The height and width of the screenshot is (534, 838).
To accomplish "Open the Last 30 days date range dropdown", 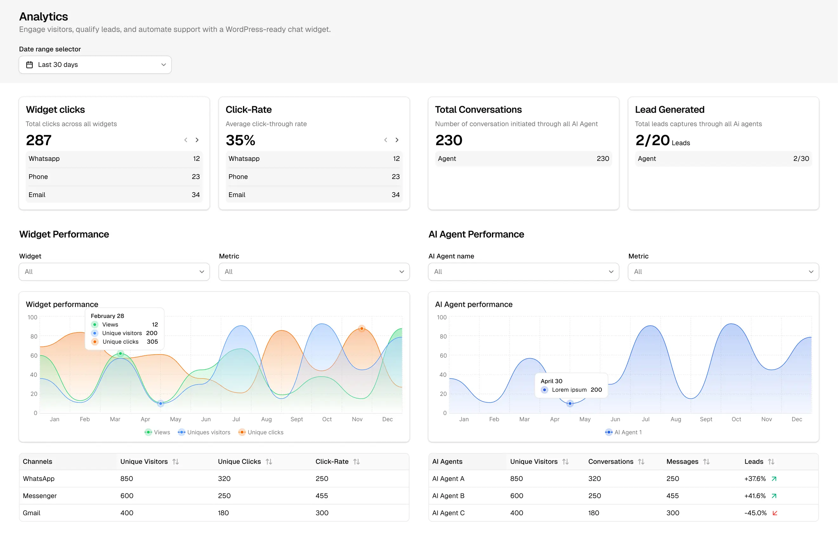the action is pos(95,65).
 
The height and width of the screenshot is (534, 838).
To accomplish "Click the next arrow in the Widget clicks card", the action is pos(197,140).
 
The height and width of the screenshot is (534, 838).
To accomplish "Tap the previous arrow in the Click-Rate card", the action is pos(386,140).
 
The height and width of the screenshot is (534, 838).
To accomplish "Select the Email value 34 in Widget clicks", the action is pos(196,194).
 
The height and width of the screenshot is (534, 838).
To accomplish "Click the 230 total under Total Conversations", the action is pos(448,140).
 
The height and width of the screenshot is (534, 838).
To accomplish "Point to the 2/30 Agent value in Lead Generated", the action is pos(801,158).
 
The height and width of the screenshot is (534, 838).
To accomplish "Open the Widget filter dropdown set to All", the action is pos(114,272).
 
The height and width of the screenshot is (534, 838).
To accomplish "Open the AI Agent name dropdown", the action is pos(523,272).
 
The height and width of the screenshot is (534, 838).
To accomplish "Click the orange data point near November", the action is pos(362,328).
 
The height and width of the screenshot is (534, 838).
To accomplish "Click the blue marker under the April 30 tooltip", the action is pos(570,404).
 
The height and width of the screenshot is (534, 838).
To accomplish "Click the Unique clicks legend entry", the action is pos(261,432).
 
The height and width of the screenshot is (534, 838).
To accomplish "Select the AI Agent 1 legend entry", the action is pos(624,432).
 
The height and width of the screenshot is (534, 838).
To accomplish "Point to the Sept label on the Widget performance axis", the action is pos(297,419).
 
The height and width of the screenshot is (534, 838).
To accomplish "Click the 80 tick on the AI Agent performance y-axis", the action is pos(443,336).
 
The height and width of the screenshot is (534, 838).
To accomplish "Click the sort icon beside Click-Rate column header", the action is pos(357,462).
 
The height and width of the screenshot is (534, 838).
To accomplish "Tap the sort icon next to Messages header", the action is pos(706,462).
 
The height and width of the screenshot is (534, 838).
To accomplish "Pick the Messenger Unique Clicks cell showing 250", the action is pos(224,496).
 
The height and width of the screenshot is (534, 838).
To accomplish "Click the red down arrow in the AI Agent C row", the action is pos(775,513).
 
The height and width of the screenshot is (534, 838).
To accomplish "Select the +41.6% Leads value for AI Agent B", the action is pos(755,496).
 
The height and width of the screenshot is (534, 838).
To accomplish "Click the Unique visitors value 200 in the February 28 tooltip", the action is pos(152,333).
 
